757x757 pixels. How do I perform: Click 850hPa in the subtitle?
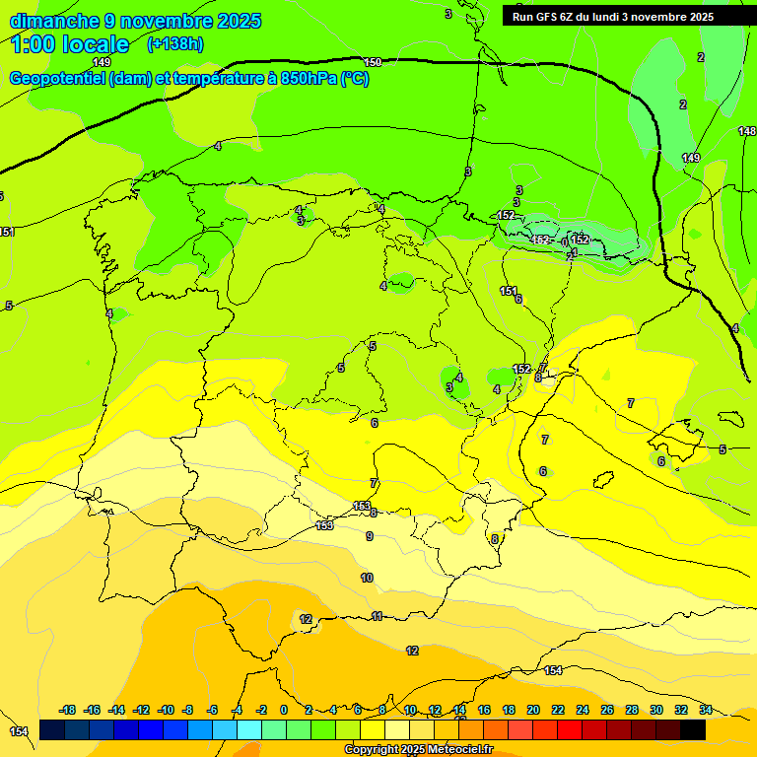[310, 79]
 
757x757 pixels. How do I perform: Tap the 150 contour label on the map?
[373, 62]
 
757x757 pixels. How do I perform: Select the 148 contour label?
[747, 131]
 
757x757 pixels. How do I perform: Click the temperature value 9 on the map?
[370, 536]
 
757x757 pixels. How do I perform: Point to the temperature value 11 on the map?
[378, 616]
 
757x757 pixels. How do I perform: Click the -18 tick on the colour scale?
[67, 710]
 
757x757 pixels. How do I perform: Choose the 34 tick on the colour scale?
[706, 710]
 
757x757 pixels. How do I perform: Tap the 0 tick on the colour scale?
[284, 710]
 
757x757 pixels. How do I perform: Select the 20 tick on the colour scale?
[533, 710]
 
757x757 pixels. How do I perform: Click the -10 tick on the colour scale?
[165, 710]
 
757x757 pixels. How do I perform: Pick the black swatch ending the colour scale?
[693, 729]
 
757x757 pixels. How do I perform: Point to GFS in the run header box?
[551, 17]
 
